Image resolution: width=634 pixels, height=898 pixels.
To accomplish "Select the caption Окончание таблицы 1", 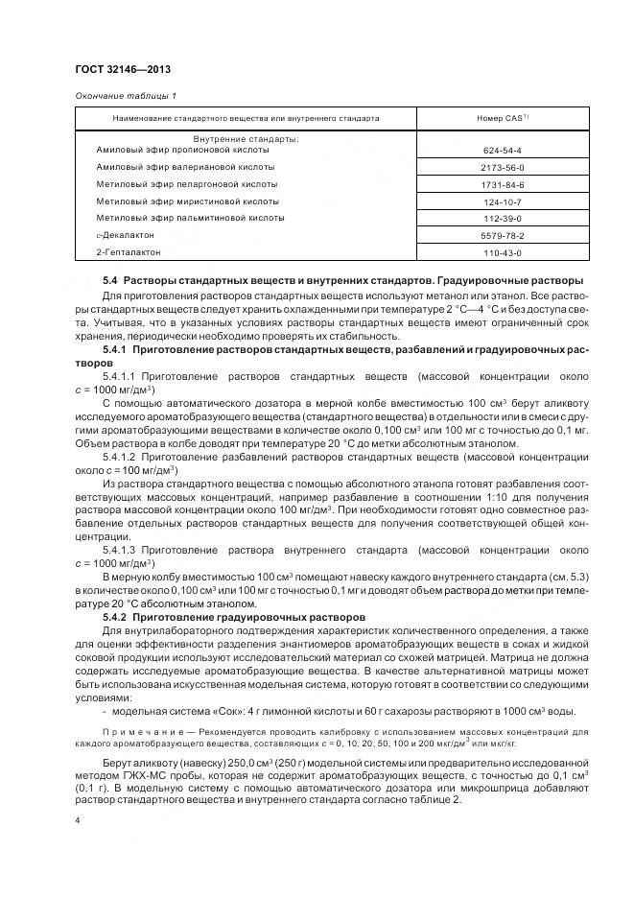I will tap(126, 96).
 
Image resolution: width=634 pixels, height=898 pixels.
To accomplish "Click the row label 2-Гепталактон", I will tap(129, 251).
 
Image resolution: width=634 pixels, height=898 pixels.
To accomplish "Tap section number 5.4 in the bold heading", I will tap(110, 280).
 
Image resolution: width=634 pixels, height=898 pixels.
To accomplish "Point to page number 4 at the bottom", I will tap(77, 822).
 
